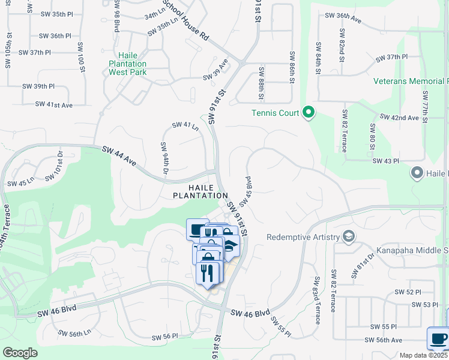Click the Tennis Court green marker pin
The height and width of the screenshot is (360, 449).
click(x=309, y=113)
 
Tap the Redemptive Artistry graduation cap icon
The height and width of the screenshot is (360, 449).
click(x=348, y=237)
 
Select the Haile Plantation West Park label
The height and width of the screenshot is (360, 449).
click(x=128, y=64)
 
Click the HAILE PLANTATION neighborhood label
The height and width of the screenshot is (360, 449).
click(x=200, y=191)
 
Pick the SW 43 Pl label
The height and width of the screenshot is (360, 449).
click(x=386, y=161)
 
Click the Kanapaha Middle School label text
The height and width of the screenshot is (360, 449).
click(x=411, y=250)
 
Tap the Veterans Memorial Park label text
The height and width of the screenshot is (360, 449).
click(x=411, y=81)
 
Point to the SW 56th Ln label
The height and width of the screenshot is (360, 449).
click(x=74, y=332)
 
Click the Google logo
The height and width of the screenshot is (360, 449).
click(x=20, y=353)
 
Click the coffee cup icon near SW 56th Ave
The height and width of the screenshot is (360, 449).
click(x=437, y=338)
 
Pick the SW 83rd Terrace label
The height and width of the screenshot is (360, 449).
click(x=316, y=300)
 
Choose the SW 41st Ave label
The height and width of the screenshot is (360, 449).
click(x=53, y=104)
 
